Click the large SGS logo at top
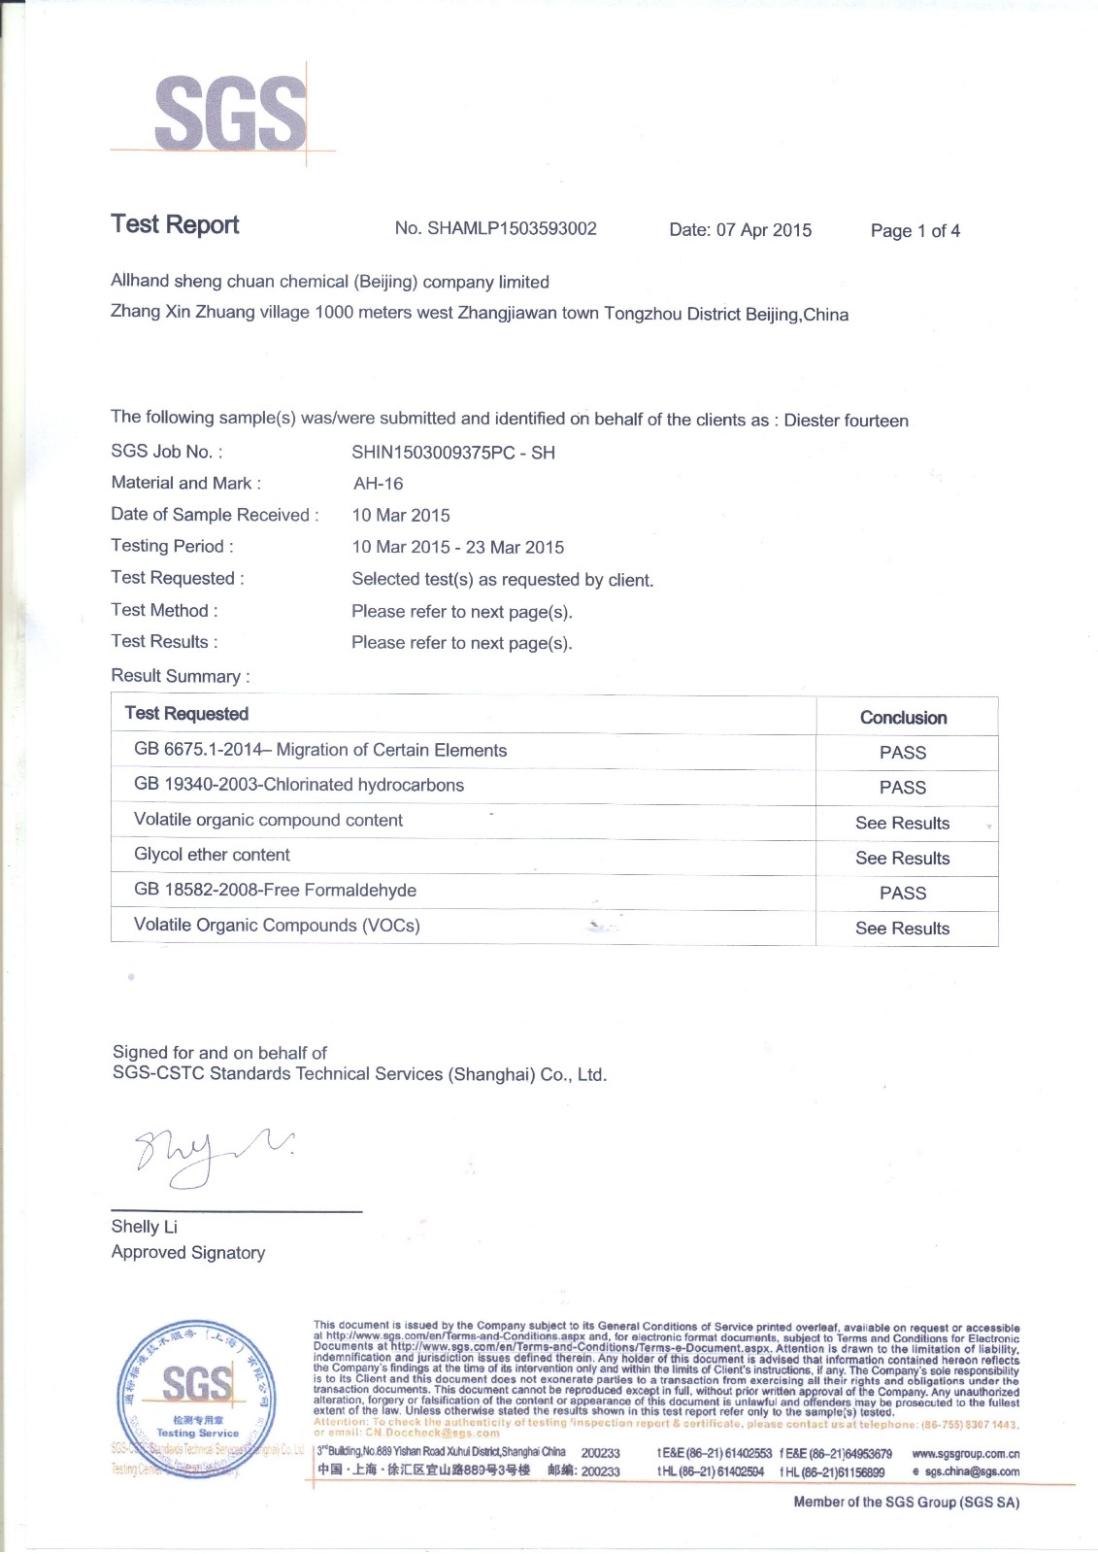(230, 114)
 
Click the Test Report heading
(175, 224)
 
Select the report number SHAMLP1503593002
(495, 229)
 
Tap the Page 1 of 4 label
(915, 231)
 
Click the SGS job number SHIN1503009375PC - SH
(453, 453)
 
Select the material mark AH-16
(378, 484)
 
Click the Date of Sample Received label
(214, 515)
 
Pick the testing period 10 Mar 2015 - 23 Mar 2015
(457, 548)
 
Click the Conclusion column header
(903, 718)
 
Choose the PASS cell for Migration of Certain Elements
(903, 753)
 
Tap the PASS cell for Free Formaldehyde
(903, 893)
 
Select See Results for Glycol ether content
(903, 859)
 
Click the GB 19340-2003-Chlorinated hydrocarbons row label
(299, 785)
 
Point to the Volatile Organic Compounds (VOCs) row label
(277, 926)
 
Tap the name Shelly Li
(144, 1227)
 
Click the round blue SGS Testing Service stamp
(196, 1399)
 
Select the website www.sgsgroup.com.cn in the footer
(965, 1454)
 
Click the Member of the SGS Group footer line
(906, 1503)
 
